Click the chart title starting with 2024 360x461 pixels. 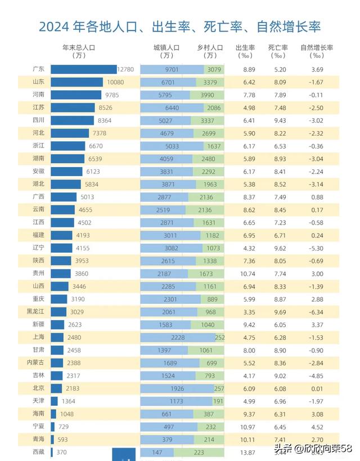pyautogui.click(x=180, y=26)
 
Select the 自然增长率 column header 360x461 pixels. pyautogui.click(x=317, y=48)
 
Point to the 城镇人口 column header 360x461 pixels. pyautogui.click(x=166, y=48)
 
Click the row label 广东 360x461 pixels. pyautogui.click(x=39, y=69)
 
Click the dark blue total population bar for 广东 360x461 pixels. pyautogui.click(x=83, y=69)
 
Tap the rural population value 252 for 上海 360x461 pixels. pyautogui.click(x=219, y=338)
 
